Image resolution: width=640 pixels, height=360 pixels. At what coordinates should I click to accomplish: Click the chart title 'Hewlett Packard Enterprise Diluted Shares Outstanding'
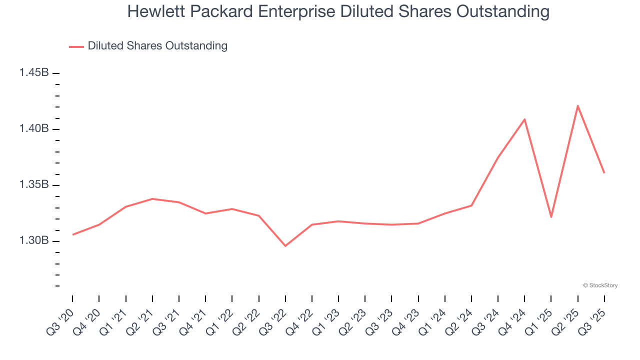click(x=338, y=11)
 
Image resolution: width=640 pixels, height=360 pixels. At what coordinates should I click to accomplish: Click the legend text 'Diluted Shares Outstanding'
click(x=157, y=46)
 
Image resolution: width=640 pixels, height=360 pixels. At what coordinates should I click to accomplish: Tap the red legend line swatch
click(x=76, y=46)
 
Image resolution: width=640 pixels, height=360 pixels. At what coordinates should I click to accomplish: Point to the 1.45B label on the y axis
click(x=34, y=73)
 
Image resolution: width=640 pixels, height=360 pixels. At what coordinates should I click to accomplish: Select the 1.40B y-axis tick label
click(x=34, y=129)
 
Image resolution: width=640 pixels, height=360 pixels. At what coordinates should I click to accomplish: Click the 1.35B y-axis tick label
click(x=34, y=185)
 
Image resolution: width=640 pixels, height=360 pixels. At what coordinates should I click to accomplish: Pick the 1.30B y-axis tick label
click(x=34, y=241)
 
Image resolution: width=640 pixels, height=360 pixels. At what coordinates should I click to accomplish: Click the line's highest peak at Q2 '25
click(x=578, y=105)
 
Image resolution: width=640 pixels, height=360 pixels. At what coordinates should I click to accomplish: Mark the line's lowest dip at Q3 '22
click(x=285, y=246)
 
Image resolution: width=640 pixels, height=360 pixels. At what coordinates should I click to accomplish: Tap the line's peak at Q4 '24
click(x=524, y=119)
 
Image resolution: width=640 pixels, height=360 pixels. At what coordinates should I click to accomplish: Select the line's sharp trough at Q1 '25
click(x=551, y=217)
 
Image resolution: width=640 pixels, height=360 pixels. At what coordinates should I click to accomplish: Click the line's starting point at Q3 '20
click(x=73, y=234)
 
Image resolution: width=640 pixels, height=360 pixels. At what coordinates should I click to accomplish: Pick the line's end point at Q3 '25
click(x=604, y=172)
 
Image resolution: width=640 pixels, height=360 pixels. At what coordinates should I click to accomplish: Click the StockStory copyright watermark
click(x=600, y=285)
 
